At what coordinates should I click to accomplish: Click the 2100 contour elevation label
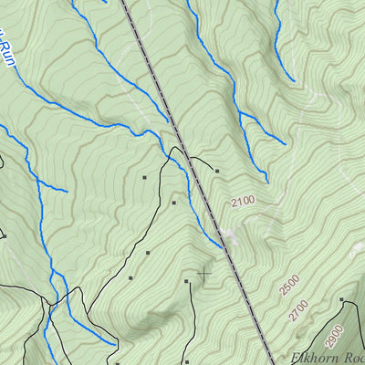244,200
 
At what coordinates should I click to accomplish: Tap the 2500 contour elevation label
290,286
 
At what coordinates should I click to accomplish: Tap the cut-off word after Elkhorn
354,358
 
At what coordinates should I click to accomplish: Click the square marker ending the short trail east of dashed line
217,170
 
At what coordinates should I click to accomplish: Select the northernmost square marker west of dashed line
144,177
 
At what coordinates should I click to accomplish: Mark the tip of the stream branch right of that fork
285,142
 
